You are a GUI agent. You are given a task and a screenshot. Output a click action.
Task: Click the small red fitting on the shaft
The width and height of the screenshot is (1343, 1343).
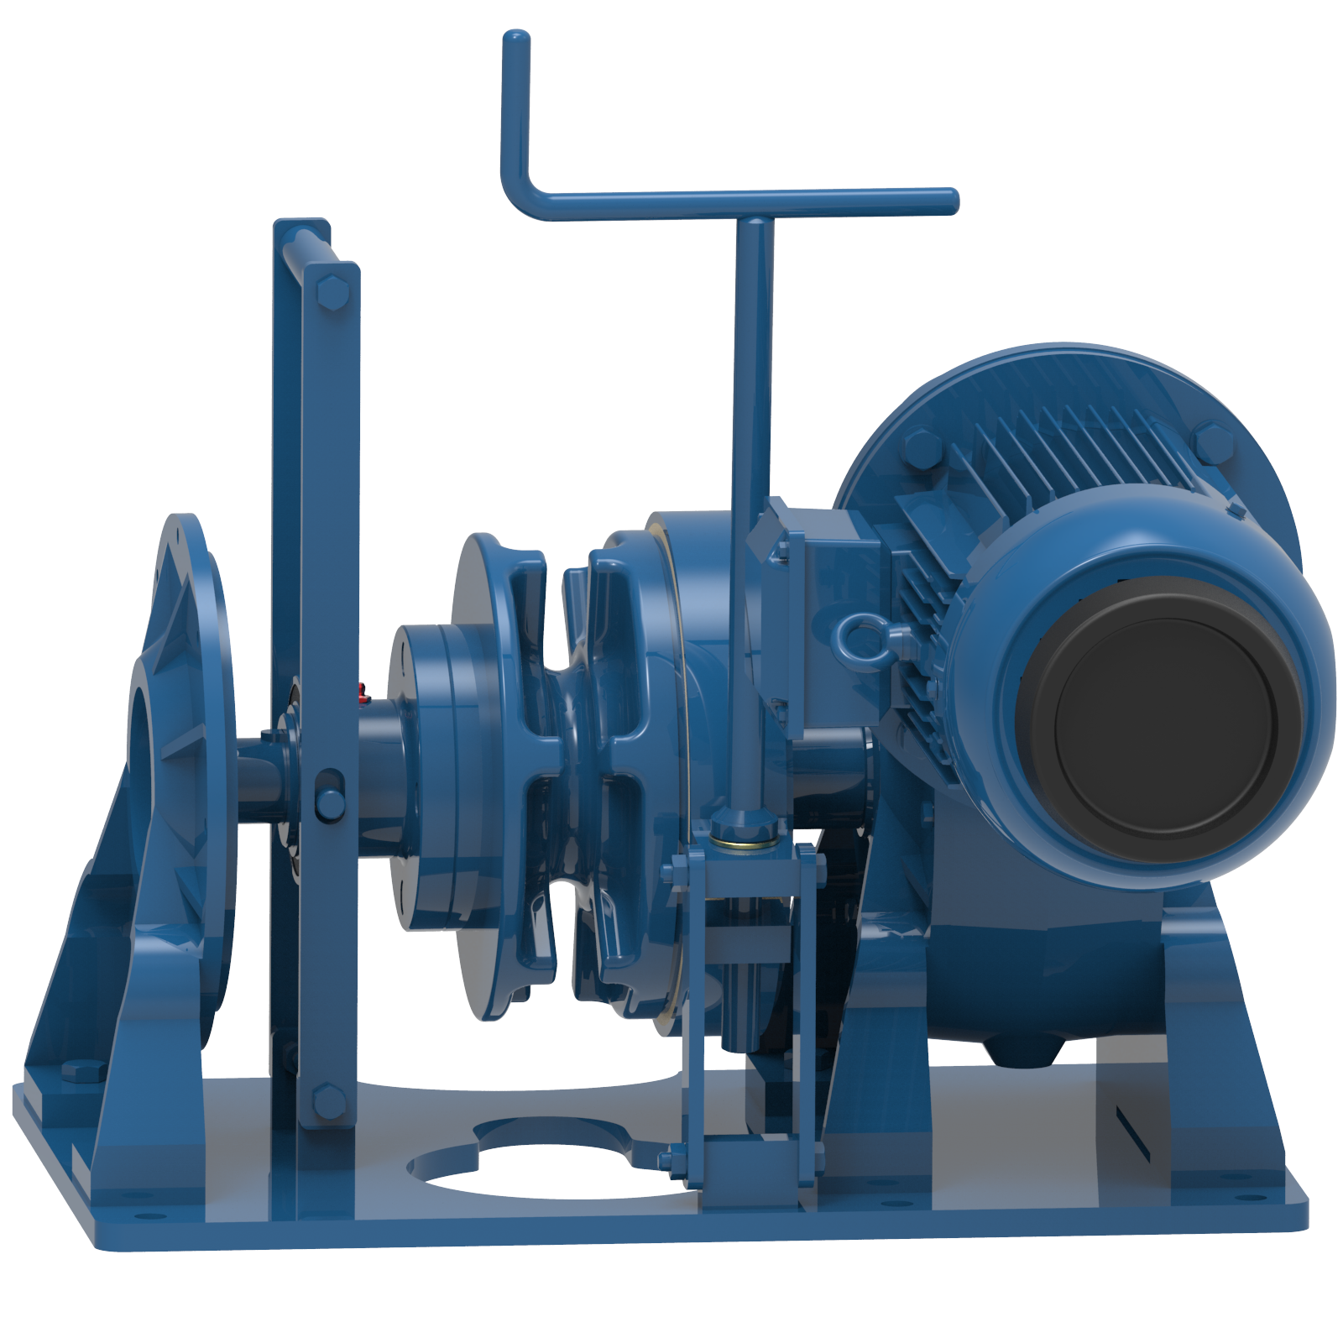coord(363,692)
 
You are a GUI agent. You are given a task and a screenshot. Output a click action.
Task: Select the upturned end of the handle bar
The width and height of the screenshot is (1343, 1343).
coord(515,50)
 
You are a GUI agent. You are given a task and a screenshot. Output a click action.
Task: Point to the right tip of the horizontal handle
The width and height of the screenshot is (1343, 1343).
coord(948,201)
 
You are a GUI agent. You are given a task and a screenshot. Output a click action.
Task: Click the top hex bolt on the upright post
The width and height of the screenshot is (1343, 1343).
coord(331,294)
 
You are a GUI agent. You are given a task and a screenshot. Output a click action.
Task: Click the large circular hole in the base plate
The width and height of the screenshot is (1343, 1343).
coord(546,1163)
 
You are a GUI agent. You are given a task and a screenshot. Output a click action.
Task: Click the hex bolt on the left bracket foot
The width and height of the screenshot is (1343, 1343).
coord(82,1070)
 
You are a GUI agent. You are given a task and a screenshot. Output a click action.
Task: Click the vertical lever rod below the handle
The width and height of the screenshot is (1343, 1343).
coord(751,504)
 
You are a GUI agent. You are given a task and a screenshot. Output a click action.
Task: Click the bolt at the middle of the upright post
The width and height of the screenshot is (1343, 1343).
coord(330,802)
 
